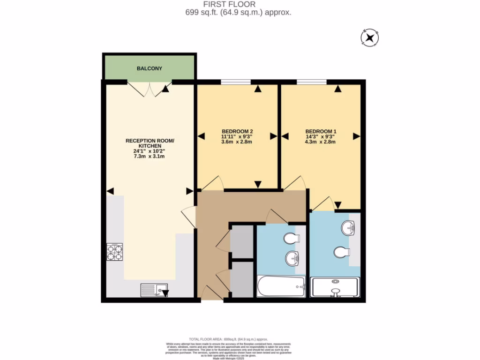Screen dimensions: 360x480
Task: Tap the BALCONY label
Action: tap(150, 68)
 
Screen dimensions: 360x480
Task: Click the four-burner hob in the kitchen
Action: tap(115, 252)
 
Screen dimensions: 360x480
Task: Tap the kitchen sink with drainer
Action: tap(155, 291)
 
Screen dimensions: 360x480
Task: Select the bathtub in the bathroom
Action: tap(281, 286)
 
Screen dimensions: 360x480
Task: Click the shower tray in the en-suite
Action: tap(336, 287)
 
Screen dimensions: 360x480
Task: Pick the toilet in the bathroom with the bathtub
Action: tap(291, 239)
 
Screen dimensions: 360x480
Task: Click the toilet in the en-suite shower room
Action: tap(342, 253)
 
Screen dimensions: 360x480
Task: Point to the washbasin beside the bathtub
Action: tap(293, 258)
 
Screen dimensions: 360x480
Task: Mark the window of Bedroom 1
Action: tap(312, 82)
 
